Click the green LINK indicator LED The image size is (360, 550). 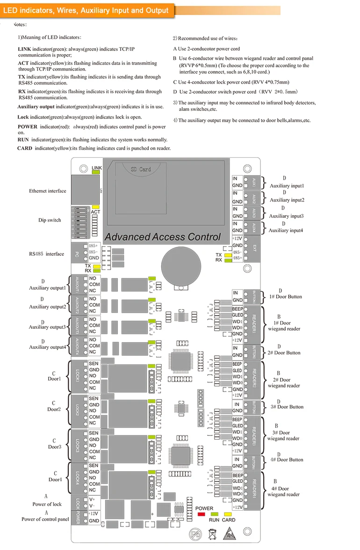point(96,173)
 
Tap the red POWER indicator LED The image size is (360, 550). point(202,514)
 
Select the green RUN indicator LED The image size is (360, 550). point(215,514)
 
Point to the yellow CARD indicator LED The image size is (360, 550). point(228,514)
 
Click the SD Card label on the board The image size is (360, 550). point(141,169)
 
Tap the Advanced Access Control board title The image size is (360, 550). point(162,237)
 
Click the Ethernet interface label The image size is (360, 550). point(48,191)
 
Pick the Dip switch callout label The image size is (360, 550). point(50,220)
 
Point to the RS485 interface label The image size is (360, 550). point(46,254)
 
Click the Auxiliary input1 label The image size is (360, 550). point(287,186)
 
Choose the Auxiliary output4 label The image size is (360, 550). point(48,347)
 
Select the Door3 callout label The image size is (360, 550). point(55,447)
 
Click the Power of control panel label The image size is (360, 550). point(45,519)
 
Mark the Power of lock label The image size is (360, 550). point(47,504)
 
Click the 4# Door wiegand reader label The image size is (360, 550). point(284,492)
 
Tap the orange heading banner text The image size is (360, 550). point(86,10)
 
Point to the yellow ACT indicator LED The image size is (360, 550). point(96,207)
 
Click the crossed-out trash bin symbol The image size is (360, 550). point(211,533)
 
